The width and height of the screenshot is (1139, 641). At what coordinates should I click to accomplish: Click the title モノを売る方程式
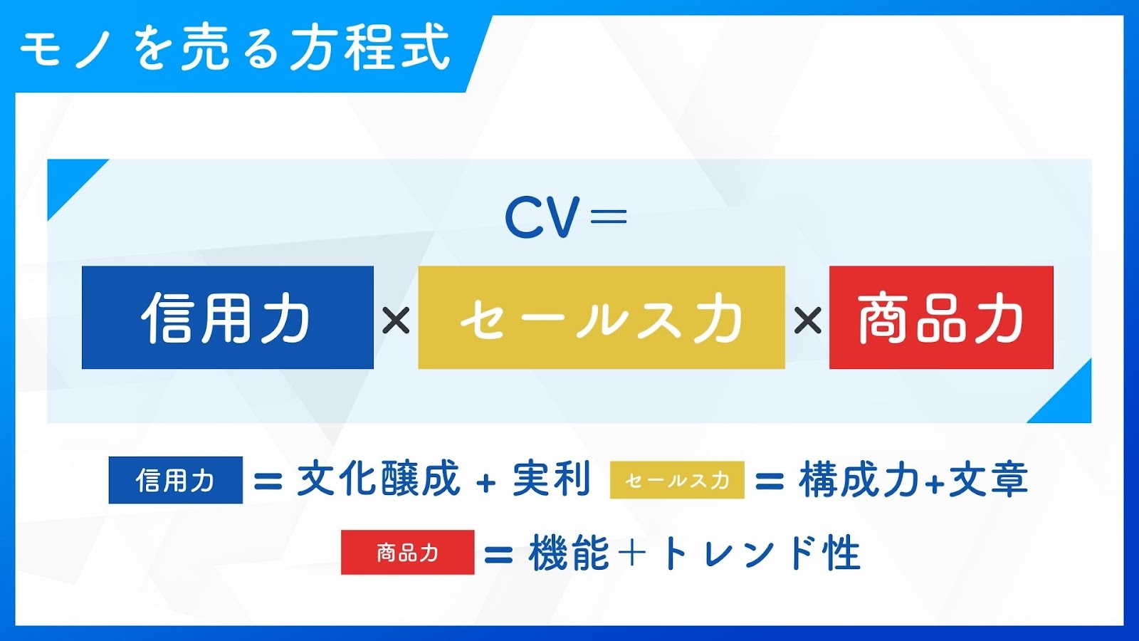pyautogui.click(x=235, y=49)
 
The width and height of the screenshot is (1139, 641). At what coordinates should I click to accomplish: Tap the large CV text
pyautogui.click(x=542, y=217)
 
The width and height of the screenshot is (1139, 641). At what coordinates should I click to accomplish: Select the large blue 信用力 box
pyautogui.click(x=228, y=318)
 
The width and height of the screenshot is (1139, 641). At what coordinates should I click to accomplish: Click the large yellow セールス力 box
pyautogui.click(x=602, y=318)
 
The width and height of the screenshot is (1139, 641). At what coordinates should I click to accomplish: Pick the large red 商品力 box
pyautogui.click(x=941, y=318)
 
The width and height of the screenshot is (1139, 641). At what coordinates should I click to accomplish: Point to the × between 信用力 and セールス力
pyautogui.click(x=396, y=321)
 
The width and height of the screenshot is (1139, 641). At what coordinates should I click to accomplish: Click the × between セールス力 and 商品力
pyautogui.click(x=807, y=321)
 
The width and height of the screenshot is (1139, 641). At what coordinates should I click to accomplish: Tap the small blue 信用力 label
pyautogui.click(x=175, y=480)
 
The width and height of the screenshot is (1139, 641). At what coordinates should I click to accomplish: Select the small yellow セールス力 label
pyautogui.click(x=677, y=480)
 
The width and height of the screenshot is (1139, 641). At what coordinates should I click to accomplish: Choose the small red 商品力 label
pyautogui.click(x=408, y=553)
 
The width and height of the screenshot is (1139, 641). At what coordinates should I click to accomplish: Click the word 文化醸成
pyautogui.click(x=379, y=479)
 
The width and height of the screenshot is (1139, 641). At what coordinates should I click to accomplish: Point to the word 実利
pyautogui.click(x=552, y=479)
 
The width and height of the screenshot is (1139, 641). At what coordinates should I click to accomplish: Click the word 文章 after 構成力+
pyautogui.click(x=989, y=479)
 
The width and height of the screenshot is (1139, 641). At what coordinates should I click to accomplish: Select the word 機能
pyautogui.click(x=569, y=553)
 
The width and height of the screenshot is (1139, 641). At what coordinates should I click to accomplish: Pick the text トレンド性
pyautogui.click(x=759, y=553)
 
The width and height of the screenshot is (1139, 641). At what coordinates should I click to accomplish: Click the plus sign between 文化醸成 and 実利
pyautogui.click(x=486, y=481)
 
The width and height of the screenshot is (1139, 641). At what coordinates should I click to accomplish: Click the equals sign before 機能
pyautogui.click(x=498, y=555)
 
